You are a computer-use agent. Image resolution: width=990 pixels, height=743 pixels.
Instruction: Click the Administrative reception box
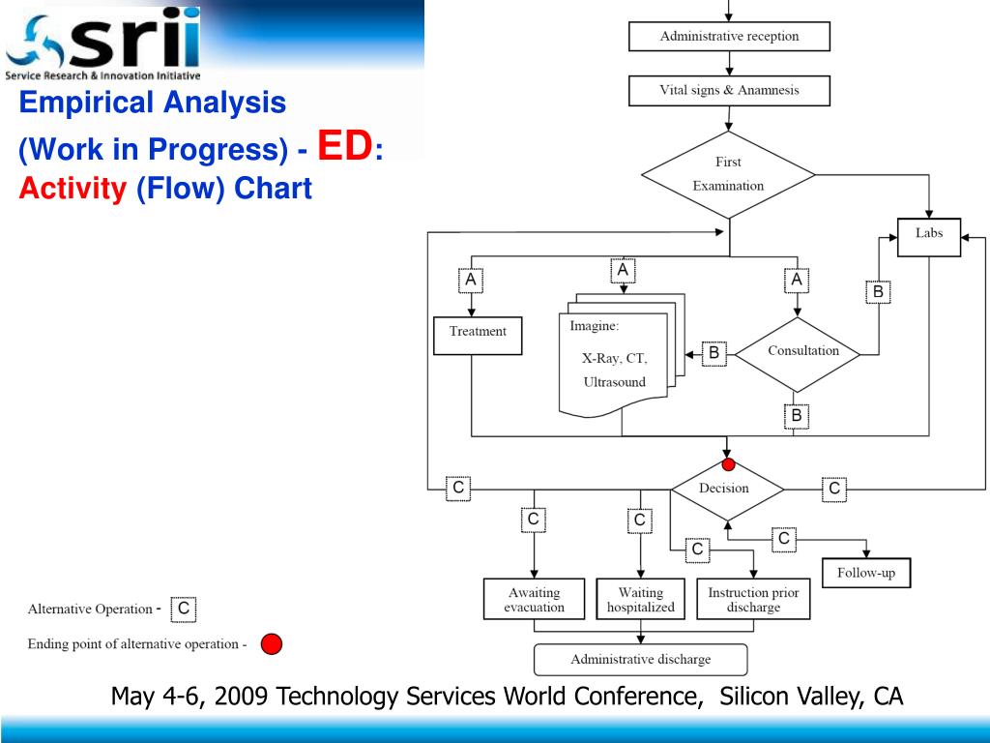pos(729,37)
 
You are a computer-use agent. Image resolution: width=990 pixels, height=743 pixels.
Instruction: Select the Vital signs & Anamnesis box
pos(729,90)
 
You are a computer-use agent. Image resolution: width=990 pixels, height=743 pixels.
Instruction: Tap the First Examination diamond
pos(729,174)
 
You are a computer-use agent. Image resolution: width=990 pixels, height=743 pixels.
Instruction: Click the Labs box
pos(929,237)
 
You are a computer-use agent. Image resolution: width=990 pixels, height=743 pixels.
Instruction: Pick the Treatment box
pos(478,336)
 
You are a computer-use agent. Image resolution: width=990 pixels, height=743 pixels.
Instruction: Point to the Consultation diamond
pos(798,354)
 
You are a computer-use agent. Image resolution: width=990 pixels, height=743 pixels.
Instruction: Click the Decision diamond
pos(727,489)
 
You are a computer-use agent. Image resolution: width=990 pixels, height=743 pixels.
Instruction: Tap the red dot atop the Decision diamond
pos(728,465)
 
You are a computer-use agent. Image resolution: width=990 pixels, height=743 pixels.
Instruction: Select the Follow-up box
pos(866,573)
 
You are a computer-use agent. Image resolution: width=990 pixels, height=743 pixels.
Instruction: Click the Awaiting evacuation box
pos(534,599)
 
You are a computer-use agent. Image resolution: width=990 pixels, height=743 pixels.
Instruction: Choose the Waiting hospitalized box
pos(640,599)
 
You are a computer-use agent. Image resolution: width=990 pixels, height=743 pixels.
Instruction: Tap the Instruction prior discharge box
pos(753,599)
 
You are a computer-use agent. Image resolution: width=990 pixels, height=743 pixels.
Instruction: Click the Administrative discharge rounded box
pos(641,660)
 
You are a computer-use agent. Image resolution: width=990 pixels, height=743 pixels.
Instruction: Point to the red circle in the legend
pos(272,644)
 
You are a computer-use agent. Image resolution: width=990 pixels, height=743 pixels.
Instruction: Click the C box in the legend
pos(183,609)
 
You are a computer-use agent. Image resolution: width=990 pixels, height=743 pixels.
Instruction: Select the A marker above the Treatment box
pos(471,280)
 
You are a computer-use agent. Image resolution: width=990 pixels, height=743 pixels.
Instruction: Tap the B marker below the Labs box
pos(878,291)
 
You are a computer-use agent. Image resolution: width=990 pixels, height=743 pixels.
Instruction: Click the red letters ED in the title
pos(345,145)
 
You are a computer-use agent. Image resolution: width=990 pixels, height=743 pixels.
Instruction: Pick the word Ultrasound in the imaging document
pos(614,382)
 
